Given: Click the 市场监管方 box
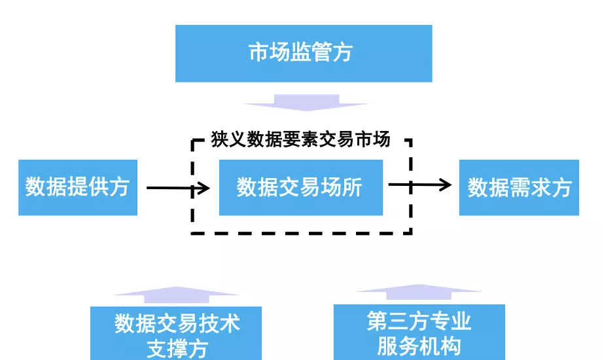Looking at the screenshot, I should pos(303,53).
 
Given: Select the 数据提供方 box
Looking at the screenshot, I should pos(77,188).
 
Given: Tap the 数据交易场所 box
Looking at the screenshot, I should pos(300,188).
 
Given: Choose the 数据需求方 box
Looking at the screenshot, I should pos(519,188).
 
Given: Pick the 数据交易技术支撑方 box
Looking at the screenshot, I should pos(176,333).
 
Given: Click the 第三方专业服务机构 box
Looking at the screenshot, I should pos(419,332).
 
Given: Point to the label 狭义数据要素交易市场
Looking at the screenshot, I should pos(300,139).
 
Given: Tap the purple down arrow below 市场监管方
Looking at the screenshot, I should pos(306,102).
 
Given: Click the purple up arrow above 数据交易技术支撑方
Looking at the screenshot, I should pos(176,295).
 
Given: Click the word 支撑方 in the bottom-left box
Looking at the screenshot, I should pos(177,348).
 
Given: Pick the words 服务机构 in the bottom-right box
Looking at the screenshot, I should pos(419,346).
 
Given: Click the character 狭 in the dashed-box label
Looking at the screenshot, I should pos(219,139).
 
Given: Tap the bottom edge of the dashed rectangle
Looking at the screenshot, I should pos(300,232).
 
